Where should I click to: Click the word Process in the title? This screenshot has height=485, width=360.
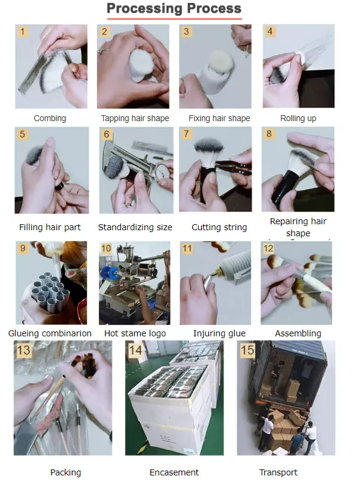click(x=214, y=8)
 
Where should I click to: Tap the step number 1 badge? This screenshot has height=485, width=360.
click(x=22, y=31)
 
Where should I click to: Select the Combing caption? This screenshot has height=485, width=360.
click(x=50, y=118)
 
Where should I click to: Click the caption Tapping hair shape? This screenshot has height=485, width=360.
click(x=135, y=118)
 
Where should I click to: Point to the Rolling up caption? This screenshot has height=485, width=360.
click(x=298, y=118)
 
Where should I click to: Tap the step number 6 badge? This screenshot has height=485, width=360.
click(x=107, y=134)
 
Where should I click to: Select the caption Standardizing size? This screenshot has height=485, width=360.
click(x=135, y=227)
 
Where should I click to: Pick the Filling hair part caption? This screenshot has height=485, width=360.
click(x=50, y=227)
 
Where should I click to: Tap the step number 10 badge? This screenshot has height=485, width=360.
click(x=106, y=248)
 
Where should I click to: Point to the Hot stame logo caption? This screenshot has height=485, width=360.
click(x=135, y=333)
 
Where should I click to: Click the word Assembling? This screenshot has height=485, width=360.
click(x=298, y=333)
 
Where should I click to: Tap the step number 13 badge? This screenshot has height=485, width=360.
click(x=24, y=350)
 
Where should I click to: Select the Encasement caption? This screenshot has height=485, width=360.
click(x=174, y=472)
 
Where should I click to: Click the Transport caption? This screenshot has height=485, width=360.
click(x=278, y=472)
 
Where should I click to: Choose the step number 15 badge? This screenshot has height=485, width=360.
click(x=247, y=350)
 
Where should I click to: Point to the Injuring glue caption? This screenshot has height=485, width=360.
click(x=219, y=333)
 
